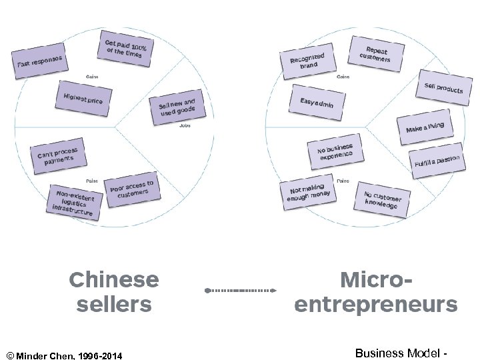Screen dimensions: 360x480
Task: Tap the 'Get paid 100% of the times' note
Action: tap(125, 49)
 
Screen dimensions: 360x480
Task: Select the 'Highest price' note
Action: tap(83, 98)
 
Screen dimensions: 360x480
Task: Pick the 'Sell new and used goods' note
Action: tap(177, 107)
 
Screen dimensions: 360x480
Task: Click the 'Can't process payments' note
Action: tap(57, 155)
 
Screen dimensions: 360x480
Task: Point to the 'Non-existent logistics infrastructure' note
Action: tap(74, 202)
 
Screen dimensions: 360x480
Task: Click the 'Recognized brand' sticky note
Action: tap(307, 62)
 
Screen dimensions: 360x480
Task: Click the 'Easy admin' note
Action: tap(321, 104)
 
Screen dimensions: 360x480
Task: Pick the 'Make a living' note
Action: tap(425, 127)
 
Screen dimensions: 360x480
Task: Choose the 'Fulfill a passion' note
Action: tap(437, 161)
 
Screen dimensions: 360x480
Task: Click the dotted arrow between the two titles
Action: tap(240, 291)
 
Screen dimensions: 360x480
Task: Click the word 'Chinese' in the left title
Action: tap(114, 279)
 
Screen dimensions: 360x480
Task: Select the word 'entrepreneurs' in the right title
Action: tap(376, 305)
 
